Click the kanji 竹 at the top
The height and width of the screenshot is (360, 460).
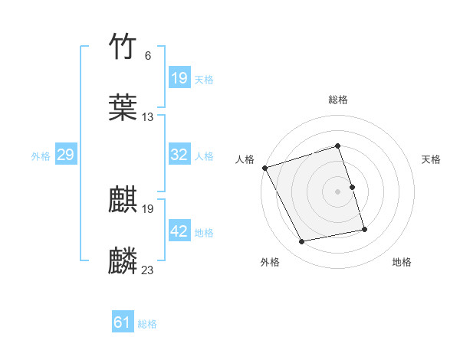[x=123, y=47]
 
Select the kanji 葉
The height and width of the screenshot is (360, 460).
[x=123, y=106]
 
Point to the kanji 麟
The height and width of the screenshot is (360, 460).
[x=123, y=260]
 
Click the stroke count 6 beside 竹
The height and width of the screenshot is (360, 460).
[x=147, y=56]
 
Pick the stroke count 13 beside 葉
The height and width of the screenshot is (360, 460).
[x=148, y=116]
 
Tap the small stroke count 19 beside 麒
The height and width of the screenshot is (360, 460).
[x=148, y=209]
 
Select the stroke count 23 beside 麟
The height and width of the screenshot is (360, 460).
[x=148, y=270]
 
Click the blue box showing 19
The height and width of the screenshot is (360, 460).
[x=179, y=78]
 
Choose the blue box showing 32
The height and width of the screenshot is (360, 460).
[x=179, y=155]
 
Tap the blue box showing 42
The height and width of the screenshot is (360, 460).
[x=179, y=231]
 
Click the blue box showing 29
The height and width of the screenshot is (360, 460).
[x=66, y=155]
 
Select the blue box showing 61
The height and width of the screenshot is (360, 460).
[x=123, y=322]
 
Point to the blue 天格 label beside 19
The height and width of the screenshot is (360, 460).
[x=204, y=79]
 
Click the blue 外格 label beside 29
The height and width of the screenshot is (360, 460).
[x=41, y=155]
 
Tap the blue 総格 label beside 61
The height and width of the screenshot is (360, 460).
[x=147, y=324]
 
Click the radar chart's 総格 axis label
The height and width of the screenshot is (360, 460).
[x=337, y=100]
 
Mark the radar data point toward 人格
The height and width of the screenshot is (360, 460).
[x=264, y=167]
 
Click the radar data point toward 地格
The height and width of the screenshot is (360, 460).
[x=364, y=228]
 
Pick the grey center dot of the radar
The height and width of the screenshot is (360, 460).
[x=337, y=191]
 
